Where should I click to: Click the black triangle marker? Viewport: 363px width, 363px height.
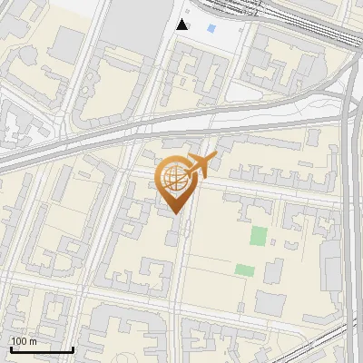pos(182,25)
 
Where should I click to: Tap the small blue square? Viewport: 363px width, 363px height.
pos(211,29)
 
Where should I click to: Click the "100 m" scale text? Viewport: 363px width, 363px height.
pos(24,341)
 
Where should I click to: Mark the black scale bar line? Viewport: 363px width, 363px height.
pos(42,349)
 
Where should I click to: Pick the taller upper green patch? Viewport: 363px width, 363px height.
pos(259,236)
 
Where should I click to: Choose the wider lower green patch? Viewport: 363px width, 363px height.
pos(244,270)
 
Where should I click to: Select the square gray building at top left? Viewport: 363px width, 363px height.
pos(69,42)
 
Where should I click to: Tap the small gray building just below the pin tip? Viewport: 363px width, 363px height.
pos(172,238)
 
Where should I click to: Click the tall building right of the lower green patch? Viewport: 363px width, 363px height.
pos(272,270)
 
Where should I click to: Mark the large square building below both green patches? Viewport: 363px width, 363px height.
pos(270,304)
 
